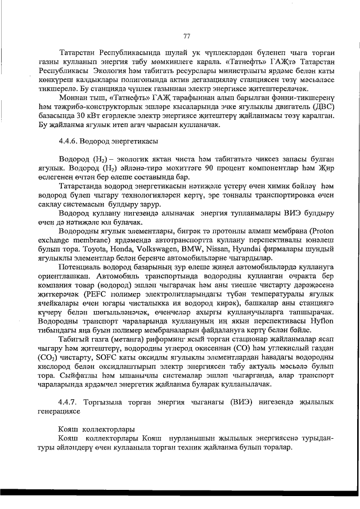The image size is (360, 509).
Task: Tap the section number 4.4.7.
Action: (69, 402)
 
